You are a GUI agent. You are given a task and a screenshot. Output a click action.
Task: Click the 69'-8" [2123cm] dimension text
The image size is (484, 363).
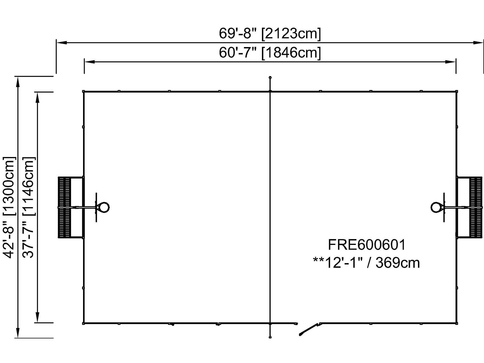click(x=270, y=33)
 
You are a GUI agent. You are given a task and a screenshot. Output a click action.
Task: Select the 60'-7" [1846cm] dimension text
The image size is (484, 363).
click(x=270, y=52)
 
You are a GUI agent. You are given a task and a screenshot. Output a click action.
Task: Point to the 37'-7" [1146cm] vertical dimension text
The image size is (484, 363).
click(x=29, y=207)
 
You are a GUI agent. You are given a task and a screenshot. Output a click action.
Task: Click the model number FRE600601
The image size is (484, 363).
click(x=366, y=245)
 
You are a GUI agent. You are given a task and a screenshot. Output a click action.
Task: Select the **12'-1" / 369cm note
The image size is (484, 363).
click(x=366, y=263)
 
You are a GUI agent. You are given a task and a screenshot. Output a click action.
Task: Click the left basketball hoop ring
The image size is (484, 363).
click(x=104, y=207)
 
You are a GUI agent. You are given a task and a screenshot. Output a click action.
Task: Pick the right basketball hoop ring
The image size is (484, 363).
click(x=436, y=207)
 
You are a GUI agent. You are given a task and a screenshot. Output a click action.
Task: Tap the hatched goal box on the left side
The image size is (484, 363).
click(x=64, y=207)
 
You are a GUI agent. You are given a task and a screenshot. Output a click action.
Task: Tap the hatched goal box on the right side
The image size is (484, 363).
click(x=476, y=207)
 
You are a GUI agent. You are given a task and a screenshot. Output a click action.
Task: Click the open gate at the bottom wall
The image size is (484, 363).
click(x=309, y=329)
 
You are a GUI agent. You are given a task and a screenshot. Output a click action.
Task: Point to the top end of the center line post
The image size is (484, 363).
click(x=270, y=77)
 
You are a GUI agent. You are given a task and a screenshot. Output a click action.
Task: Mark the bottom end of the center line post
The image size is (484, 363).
click(x=270, y=337)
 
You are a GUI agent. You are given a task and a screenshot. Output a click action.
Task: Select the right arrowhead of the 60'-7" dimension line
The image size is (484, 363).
click(x=451, y=62)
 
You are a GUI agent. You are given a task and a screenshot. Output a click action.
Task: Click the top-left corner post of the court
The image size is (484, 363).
click(x=84, y=91)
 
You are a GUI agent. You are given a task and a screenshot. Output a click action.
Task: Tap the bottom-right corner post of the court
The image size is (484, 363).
click(x=457, y=324)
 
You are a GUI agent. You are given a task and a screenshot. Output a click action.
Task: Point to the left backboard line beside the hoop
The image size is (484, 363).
click(x=96, y=207)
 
